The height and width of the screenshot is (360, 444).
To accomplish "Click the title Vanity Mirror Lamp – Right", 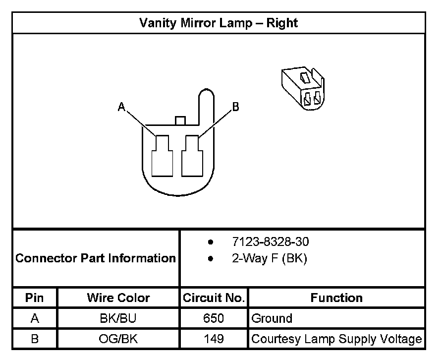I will click(218, 23).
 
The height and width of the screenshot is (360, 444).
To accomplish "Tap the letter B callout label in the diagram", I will click(235, 107).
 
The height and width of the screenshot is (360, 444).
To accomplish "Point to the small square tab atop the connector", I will click(180, 120).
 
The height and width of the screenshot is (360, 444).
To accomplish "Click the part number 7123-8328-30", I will click(271, 242).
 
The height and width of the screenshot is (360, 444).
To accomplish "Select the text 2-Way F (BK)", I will click(269, 258).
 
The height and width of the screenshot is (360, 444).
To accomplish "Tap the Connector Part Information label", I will click(96, 258).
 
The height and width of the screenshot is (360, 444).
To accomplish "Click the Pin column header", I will click(35, 298).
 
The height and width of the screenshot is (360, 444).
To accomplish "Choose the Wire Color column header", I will click(118, 298).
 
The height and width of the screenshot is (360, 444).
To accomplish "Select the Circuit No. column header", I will click(214, 298).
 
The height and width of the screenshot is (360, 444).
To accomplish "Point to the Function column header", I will click(336, 298).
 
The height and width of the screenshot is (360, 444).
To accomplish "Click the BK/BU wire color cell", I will click(118, 318).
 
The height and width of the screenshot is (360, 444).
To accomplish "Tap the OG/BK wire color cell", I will click(118, 339).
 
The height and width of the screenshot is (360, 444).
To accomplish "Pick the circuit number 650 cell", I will click(214, 318).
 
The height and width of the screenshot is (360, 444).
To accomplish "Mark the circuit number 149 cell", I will click(214, 339).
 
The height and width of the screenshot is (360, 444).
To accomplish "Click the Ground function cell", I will click(272, 318).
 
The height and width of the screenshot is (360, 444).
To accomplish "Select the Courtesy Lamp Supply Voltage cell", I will click(336, 339).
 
